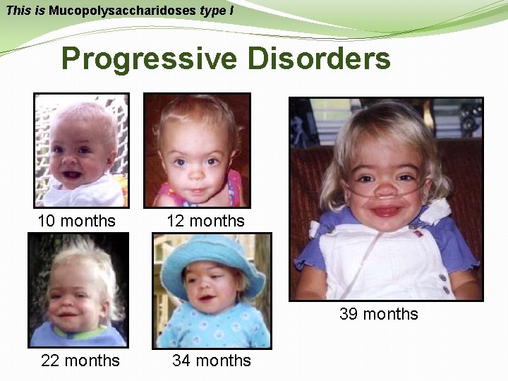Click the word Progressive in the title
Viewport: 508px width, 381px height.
pyautogui.click(x=150, y=59)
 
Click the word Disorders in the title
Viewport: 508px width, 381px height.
pyautogui.click(x=318, y=59)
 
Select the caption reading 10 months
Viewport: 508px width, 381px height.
pyautogui.click(x=76, y=221)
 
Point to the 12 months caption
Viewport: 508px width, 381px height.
pyautogui.click(x=205, y=221)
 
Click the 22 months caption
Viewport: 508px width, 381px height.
pyautogui.click(x=80, y=361)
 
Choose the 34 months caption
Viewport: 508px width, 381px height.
pyautogui.click(x=212, y=361)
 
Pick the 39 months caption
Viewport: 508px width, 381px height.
pyautogui.click(x=379, y=314)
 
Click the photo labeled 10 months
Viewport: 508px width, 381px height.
pyautogui.click(x=81, y=150)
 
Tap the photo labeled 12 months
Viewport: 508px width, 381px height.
pyautogui.click(x=197, y=150)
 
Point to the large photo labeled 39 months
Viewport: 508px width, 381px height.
pyautogui.click(x=386, y=198)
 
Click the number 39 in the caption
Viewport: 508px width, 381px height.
pyautogui.click(x=349, y=314)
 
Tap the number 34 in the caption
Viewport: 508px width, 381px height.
pyautogui.click(x=181, y=361)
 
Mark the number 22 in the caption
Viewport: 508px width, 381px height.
pyautogui.click(x=50, y=361)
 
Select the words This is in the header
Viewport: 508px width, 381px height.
pyautogui.click(x=25, y=11)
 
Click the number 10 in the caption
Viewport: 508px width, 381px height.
pyautogui.click(x=47, y=221)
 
